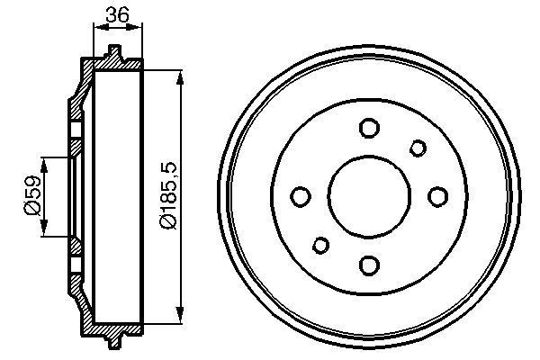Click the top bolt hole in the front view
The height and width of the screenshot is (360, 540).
(368, 128)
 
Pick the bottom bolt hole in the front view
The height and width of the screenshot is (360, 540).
(368, 265)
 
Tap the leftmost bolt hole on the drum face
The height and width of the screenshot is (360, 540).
(300, 196)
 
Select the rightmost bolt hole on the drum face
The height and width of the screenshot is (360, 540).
(437, 196)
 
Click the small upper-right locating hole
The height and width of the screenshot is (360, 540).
(418, 148)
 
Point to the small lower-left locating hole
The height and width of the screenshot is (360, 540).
(319, 245)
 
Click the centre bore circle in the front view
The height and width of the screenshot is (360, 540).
(368, 196)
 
